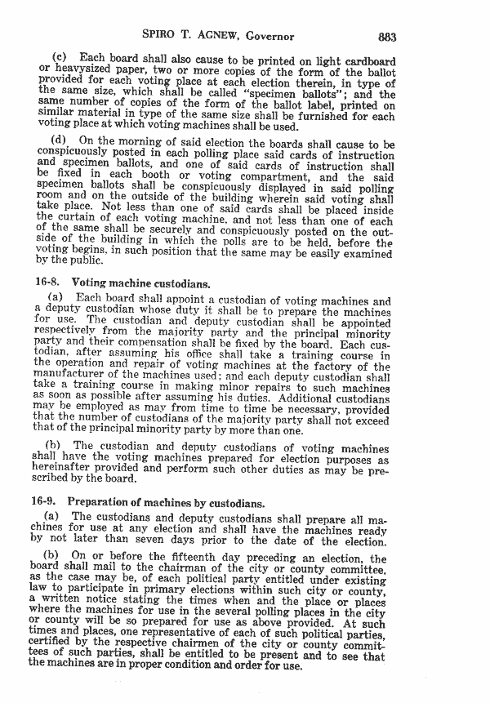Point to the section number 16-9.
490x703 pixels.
coord(42,500)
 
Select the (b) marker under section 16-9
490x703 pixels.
coord(51,558)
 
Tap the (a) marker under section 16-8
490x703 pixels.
coord(56,298)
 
